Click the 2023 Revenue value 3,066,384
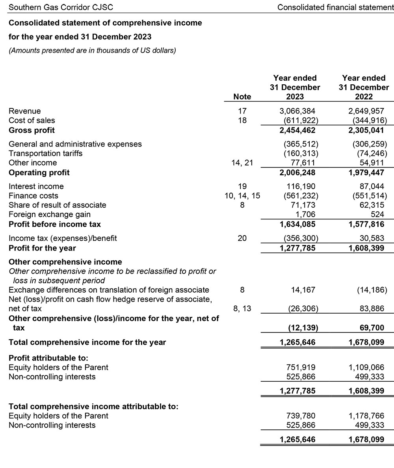coord(297,111)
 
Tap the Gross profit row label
coord(32,130)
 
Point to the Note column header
coord(242,97)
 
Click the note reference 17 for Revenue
coord(242,111)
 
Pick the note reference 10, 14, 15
coord(242,196)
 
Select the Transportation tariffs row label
coord(45,153)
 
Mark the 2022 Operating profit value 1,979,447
coord(366,173)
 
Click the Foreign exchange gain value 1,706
coord(306,214)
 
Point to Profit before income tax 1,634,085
coord(297,225)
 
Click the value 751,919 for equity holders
coord(301,367)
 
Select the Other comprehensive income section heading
coord(65,262)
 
